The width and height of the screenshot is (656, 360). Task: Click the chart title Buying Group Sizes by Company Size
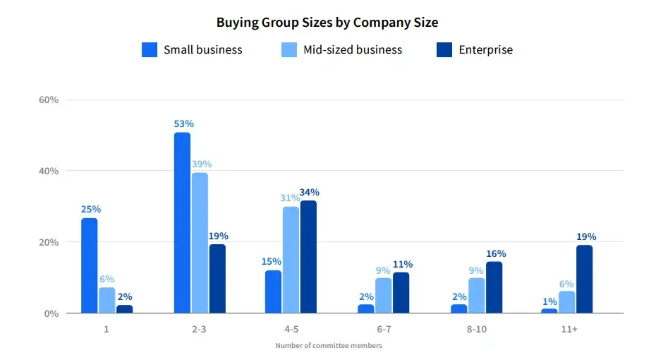tap(327, 22)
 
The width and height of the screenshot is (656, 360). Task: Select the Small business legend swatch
tap(150, 50)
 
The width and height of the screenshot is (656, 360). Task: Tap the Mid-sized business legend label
tap(353, 50)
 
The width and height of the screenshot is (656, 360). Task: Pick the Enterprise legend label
tap(485, 50)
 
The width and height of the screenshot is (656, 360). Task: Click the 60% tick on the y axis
tap(49, 100)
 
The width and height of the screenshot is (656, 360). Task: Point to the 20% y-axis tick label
tap(49, 242)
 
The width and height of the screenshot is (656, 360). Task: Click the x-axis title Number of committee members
tap(328, 345)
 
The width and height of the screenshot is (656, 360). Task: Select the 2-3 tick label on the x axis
tap(198, 330)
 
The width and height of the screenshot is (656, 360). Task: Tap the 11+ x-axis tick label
tap(569, 330)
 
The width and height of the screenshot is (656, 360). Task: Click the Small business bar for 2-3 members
tap(182, 222)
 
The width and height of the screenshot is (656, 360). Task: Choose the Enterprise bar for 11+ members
tap(585, 279)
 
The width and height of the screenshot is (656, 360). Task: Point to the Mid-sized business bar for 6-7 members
tap(383, 296)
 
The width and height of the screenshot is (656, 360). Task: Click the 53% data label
tap(182, 124)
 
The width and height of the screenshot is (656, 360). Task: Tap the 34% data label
tap(309, 192)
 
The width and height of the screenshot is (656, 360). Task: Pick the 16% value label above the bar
tap(496, 253)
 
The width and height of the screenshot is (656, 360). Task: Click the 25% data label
tap(90, 209)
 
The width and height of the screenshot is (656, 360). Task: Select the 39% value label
tap(201, 164)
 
